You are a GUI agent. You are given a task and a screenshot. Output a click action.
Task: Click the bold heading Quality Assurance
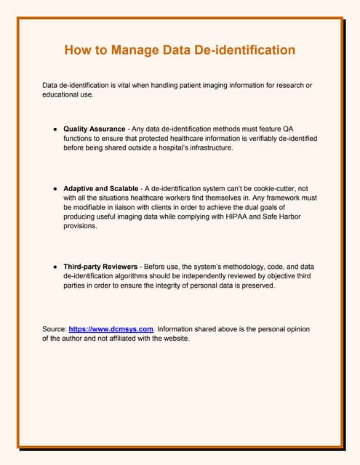coord(95,129)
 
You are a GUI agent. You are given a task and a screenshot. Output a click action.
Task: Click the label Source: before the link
coord(55,328)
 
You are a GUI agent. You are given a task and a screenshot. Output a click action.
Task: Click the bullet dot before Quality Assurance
coord(55,129)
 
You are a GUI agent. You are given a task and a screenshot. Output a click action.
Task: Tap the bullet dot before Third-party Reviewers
coord(55,267)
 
